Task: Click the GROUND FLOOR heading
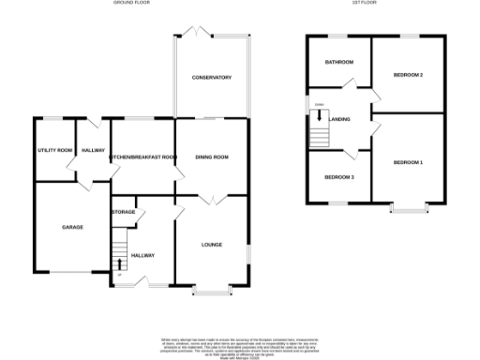pyautogui.click(x=131, y=3)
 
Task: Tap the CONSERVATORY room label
pyautogui.click(x=211, y=77)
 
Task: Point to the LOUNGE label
pyautogui.click(x=211, y=245)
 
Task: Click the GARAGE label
pyautogui.click(x=71, y=227)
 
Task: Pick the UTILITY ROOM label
pyautogui.click(x=54, y=150)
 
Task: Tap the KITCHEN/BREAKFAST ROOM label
pyautogui.click(x=142, y=157)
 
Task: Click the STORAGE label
pyautogui.click(x=123, y=212)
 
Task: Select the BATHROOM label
pyautogui.click(x=338, y=62)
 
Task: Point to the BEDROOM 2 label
pyautogui.click(x=408, y=74)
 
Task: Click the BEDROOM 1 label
pyautogui.click(x=408, y=163)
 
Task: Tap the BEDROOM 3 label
pyautogui.click(x=339, y=177)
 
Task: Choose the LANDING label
pyautogui.click(x=340, y=119)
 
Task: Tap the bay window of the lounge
pyautogui.click(x=213, y=291)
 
